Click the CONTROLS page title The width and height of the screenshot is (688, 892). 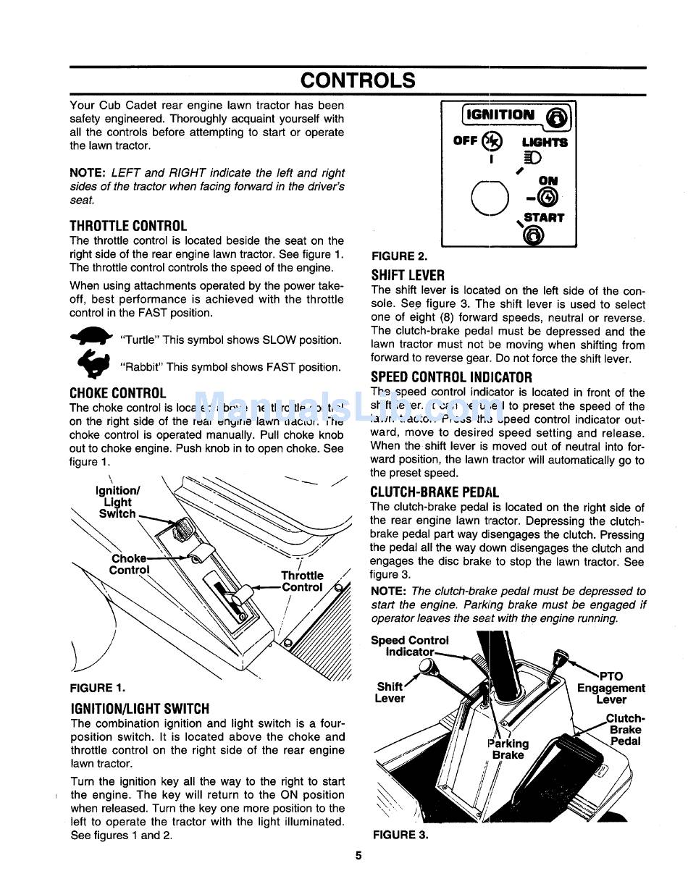pos(358,80)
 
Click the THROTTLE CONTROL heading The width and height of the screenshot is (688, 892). pos(128,226)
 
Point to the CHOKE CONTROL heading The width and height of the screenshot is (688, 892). pos(118,393)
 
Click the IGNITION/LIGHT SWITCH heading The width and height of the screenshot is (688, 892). pos(140,709)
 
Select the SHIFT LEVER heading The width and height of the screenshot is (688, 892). pos(408,275)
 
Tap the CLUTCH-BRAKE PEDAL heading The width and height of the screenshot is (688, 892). pos(435,492)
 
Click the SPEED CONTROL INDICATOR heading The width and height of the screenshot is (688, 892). pos(451,377)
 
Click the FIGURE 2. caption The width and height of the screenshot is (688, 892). pos(399,256)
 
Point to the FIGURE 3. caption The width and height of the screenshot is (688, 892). pos(400,835)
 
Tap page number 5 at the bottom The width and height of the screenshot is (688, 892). pos(358,854)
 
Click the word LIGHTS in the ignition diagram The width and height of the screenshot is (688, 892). pos(545,143)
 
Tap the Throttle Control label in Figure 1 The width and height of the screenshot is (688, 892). pos(302,581)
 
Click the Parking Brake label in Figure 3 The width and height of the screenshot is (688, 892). pos(508,749)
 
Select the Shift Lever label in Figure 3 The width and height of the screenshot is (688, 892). pos(390,692)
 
